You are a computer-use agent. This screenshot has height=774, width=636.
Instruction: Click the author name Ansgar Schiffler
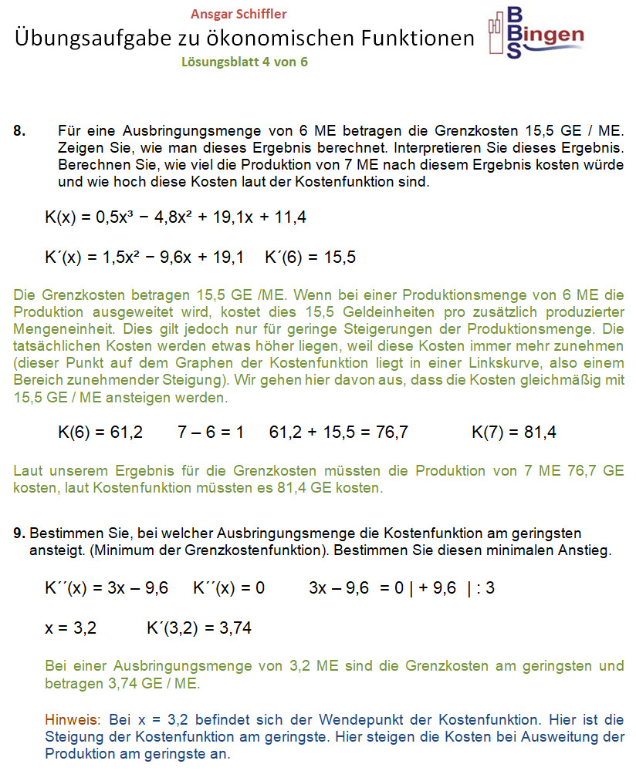click(x=238, y=14)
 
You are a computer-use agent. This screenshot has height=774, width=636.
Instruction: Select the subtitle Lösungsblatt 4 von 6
click(x=244, y=62)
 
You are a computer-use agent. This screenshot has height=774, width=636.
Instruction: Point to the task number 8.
click(x=21, y=131)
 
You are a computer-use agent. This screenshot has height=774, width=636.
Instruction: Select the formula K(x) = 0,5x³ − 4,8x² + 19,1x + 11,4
click(x=175, y=217)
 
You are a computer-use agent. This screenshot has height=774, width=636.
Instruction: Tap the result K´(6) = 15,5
click(x=310, y=257)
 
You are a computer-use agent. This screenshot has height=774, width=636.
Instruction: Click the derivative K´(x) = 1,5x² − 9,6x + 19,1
click(x=144, y=257)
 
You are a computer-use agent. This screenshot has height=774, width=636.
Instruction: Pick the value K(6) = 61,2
click(x=100, y=432)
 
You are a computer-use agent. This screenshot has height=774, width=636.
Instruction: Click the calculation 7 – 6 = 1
click(x=210, y=432)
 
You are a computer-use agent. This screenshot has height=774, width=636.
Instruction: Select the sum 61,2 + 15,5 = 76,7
click(x=338, y=432)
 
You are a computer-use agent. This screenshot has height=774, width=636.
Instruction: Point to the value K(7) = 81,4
click(x=513, y=432)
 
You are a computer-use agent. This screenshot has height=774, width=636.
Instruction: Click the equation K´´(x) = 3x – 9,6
click(x=107, y=588)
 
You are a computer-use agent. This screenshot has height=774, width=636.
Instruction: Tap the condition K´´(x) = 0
click(x=228, y=588)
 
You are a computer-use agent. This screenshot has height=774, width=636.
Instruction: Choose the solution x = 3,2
click(x=70, y=628)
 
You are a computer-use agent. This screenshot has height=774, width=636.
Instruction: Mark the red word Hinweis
click(x=72, y=720)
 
